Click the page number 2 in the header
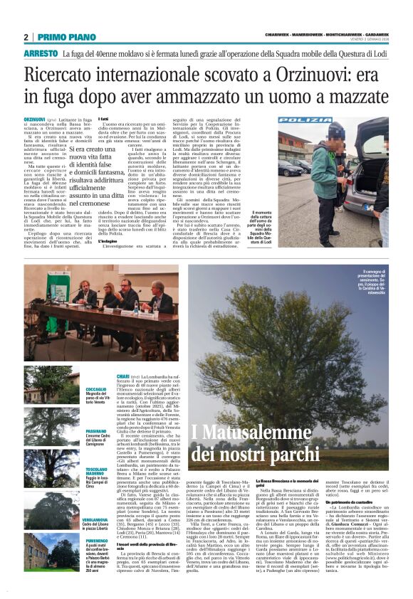(26, 37)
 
